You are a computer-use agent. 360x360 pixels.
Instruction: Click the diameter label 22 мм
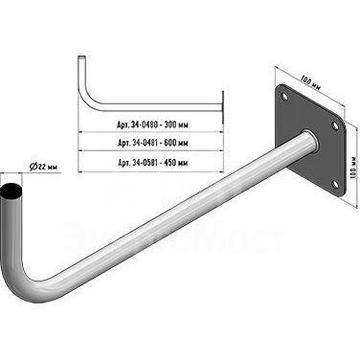coord(47,167)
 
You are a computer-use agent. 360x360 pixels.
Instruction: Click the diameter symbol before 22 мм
coord(33,167)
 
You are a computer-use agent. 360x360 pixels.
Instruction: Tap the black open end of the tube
coord(11,191)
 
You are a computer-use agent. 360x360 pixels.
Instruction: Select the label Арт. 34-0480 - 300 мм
coord(152,124)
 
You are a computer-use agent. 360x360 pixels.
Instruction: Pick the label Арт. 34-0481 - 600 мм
coord(152,143)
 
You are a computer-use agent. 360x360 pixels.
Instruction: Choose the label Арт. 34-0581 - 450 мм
coord(152,163)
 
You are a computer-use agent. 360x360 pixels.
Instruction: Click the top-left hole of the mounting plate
coord(284,96)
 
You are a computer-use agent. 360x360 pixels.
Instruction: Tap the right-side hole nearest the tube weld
coord(335,125)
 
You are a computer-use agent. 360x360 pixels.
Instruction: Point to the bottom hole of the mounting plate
coord(334,184)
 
